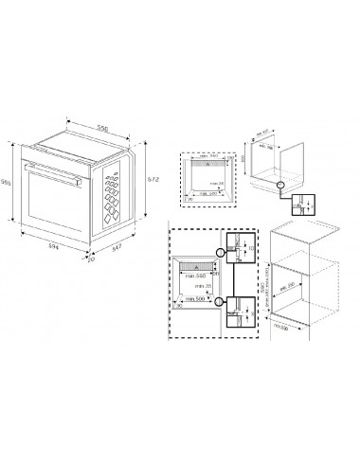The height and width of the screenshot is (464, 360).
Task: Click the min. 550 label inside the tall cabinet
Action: [x=294, y=283]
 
